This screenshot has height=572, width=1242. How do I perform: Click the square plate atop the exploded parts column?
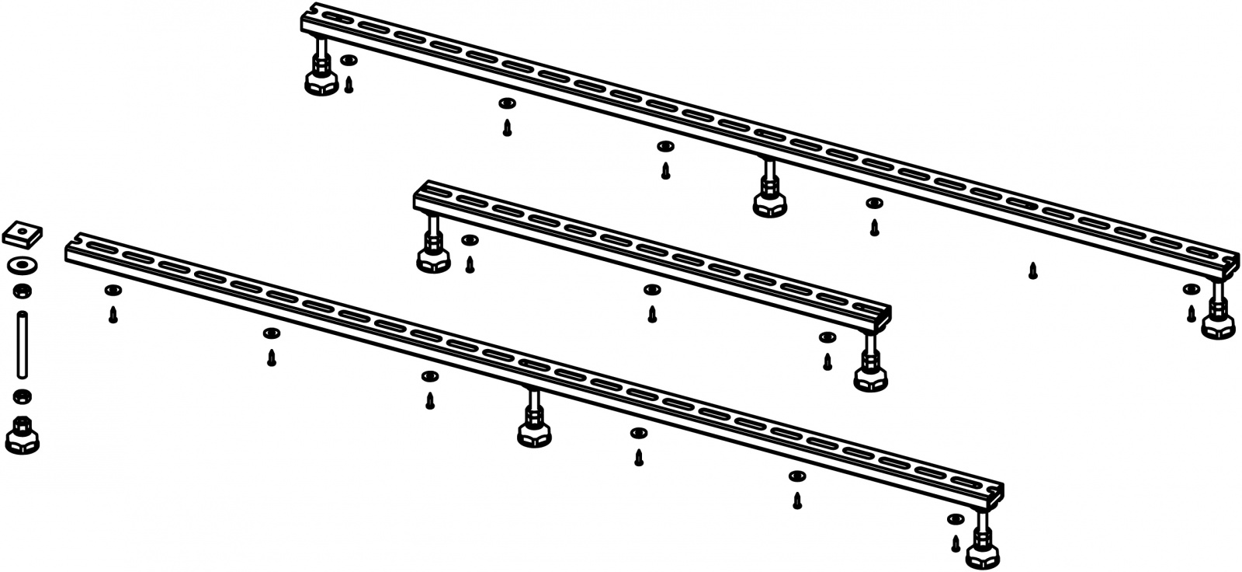(x=22, y=232)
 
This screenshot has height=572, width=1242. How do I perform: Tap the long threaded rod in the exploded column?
(x=23, y=344)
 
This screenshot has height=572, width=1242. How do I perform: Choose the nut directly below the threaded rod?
(x=23, y=396)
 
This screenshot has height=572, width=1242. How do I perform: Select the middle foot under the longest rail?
(x=769, y=202)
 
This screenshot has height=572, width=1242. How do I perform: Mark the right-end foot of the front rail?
(x=983, y=554)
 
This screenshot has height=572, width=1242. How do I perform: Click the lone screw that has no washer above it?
(x=1032, y=271)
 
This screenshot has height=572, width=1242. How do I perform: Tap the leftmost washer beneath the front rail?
(x=113, y=290)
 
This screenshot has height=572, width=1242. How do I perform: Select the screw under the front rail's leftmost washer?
(x=113, y=315)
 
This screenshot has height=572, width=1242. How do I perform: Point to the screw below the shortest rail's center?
(x=652, y=314)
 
